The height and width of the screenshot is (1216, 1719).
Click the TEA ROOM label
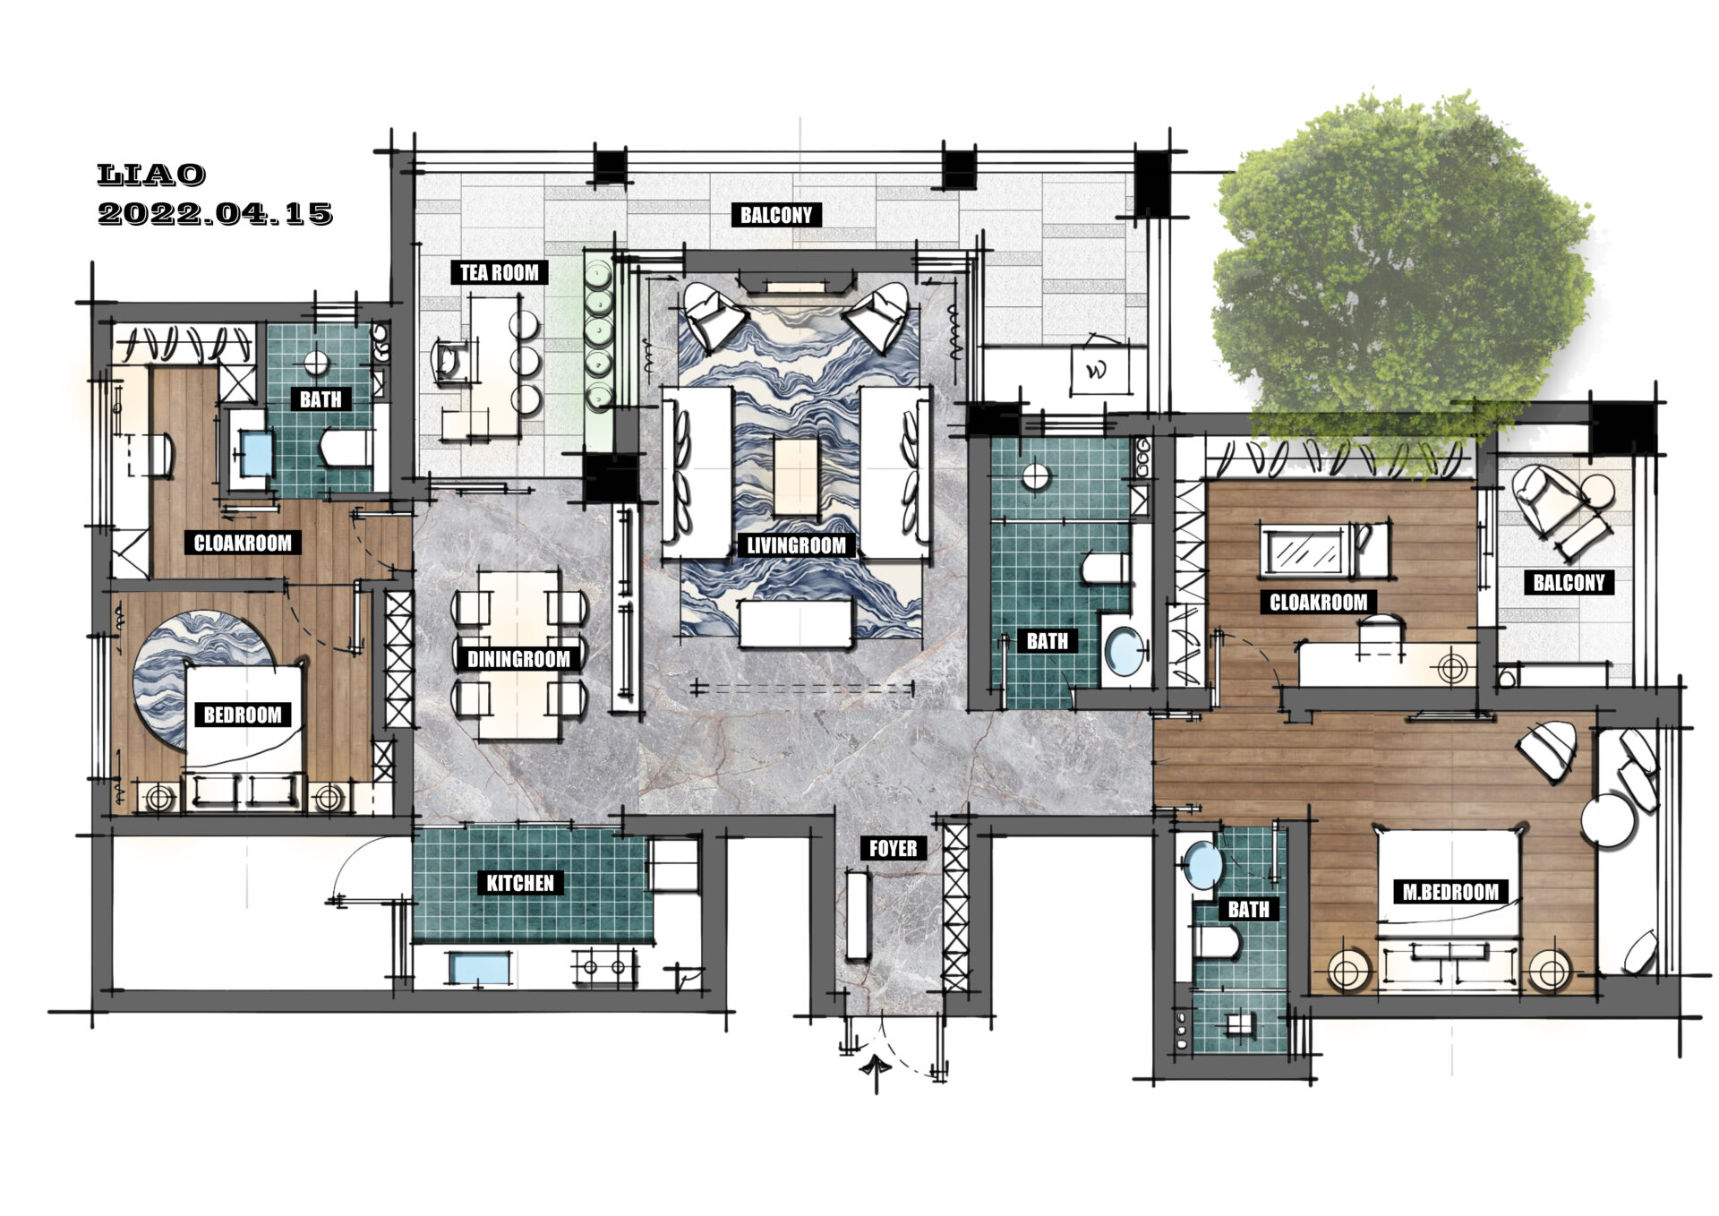coord(499,272)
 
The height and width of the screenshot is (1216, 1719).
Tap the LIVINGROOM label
coord(796,545)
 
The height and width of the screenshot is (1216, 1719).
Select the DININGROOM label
coord(518,660)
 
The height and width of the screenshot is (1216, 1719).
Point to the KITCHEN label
coord(520,884)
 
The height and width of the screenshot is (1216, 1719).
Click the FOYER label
coord(893,849)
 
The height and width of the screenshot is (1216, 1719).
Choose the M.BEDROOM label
coord(1450,892)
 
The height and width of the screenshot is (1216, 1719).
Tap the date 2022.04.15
coord(215,214)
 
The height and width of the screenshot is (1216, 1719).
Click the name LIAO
coord(151,175)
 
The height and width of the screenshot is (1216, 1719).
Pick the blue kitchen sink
coord(479,969)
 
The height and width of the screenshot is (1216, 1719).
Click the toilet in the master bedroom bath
coord(1218,943)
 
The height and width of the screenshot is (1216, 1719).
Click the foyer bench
coord(857,915)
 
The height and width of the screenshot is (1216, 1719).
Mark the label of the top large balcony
coord(776,215)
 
